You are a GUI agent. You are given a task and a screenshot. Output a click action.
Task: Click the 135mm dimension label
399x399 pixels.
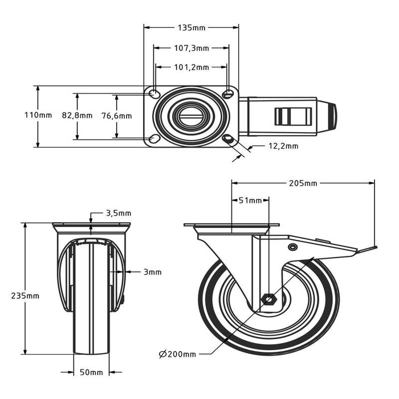click(191, 27)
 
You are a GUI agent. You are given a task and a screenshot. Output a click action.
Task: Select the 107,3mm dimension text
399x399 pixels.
click(191, 48)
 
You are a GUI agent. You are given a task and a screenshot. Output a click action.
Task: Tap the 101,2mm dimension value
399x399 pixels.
click(191, 67)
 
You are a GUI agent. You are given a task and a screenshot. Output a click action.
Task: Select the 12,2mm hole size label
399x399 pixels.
click(283, 146)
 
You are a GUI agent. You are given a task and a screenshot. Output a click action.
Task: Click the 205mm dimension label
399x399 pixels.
click(303, 183)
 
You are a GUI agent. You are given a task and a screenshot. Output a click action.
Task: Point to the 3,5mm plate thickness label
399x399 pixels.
click(118, 214)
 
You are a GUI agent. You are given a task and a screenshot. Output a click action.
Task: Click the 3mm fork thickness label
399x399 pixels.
click(152, 272)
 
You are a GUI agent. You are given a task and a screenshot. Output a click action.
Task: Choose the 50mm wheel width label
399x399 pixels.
click(91, 373)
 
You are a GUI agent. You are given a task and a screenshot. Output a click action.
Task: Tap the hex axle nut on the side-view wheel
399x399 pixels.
click(268, 299)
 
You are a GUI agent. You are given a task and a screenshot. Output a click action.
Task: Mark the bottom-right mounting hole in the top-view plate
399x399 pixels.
click(229, 139)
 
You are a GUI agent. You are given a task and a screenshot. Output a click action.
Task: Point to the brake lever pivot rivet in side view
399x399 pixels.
click(292, 247)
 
